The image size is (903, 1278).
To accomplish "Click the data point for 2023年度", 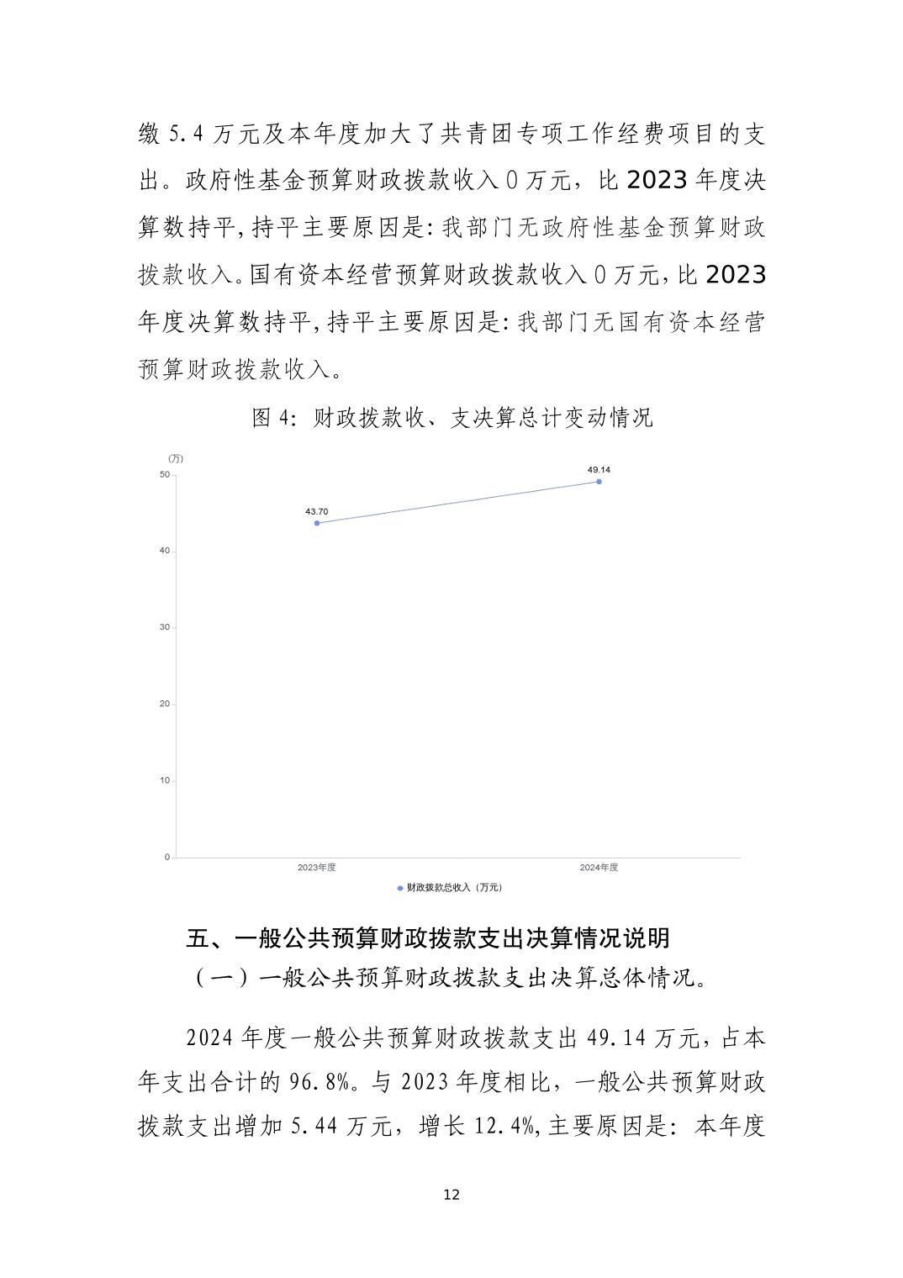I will (317, 523).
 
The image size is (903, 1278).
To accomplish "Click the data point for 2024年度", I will (599, 481).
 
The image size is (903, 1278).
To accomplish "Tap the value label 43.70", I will (317, 511).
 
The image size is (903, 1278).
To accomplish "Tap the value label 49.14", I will (599, 469).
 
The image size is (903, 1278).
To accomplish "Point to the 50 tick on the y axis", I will (165, 475).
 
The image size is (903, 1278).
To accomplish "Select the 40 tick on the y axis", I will (165, 551).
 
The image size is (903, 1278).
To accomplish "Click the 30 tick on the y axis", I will (165, 627).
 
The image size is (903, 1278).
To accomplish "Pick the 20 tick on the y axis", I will (165, 704).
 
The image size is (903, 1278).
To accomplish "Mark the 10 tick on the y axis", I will (165, 780).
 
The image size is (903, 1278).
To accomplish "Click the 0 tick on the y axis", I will (167, 857).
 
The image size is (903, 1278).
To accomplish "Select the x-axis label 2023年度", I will (317, 868).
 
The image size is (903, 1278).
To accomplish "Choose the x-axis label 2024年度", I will (599, 868).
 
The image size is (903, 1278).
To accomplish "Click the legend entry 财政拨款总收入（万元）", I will (452, 887).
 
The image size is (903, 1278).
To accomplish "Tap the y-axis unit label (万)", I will (175, 458).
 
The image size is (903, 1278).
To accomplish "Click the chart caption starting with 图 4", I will (451, 418).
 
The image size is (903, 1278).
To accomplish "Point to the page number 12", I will (451, 1195).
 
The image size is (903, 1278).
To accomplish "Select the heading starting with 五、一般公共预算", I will (428, 937).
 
